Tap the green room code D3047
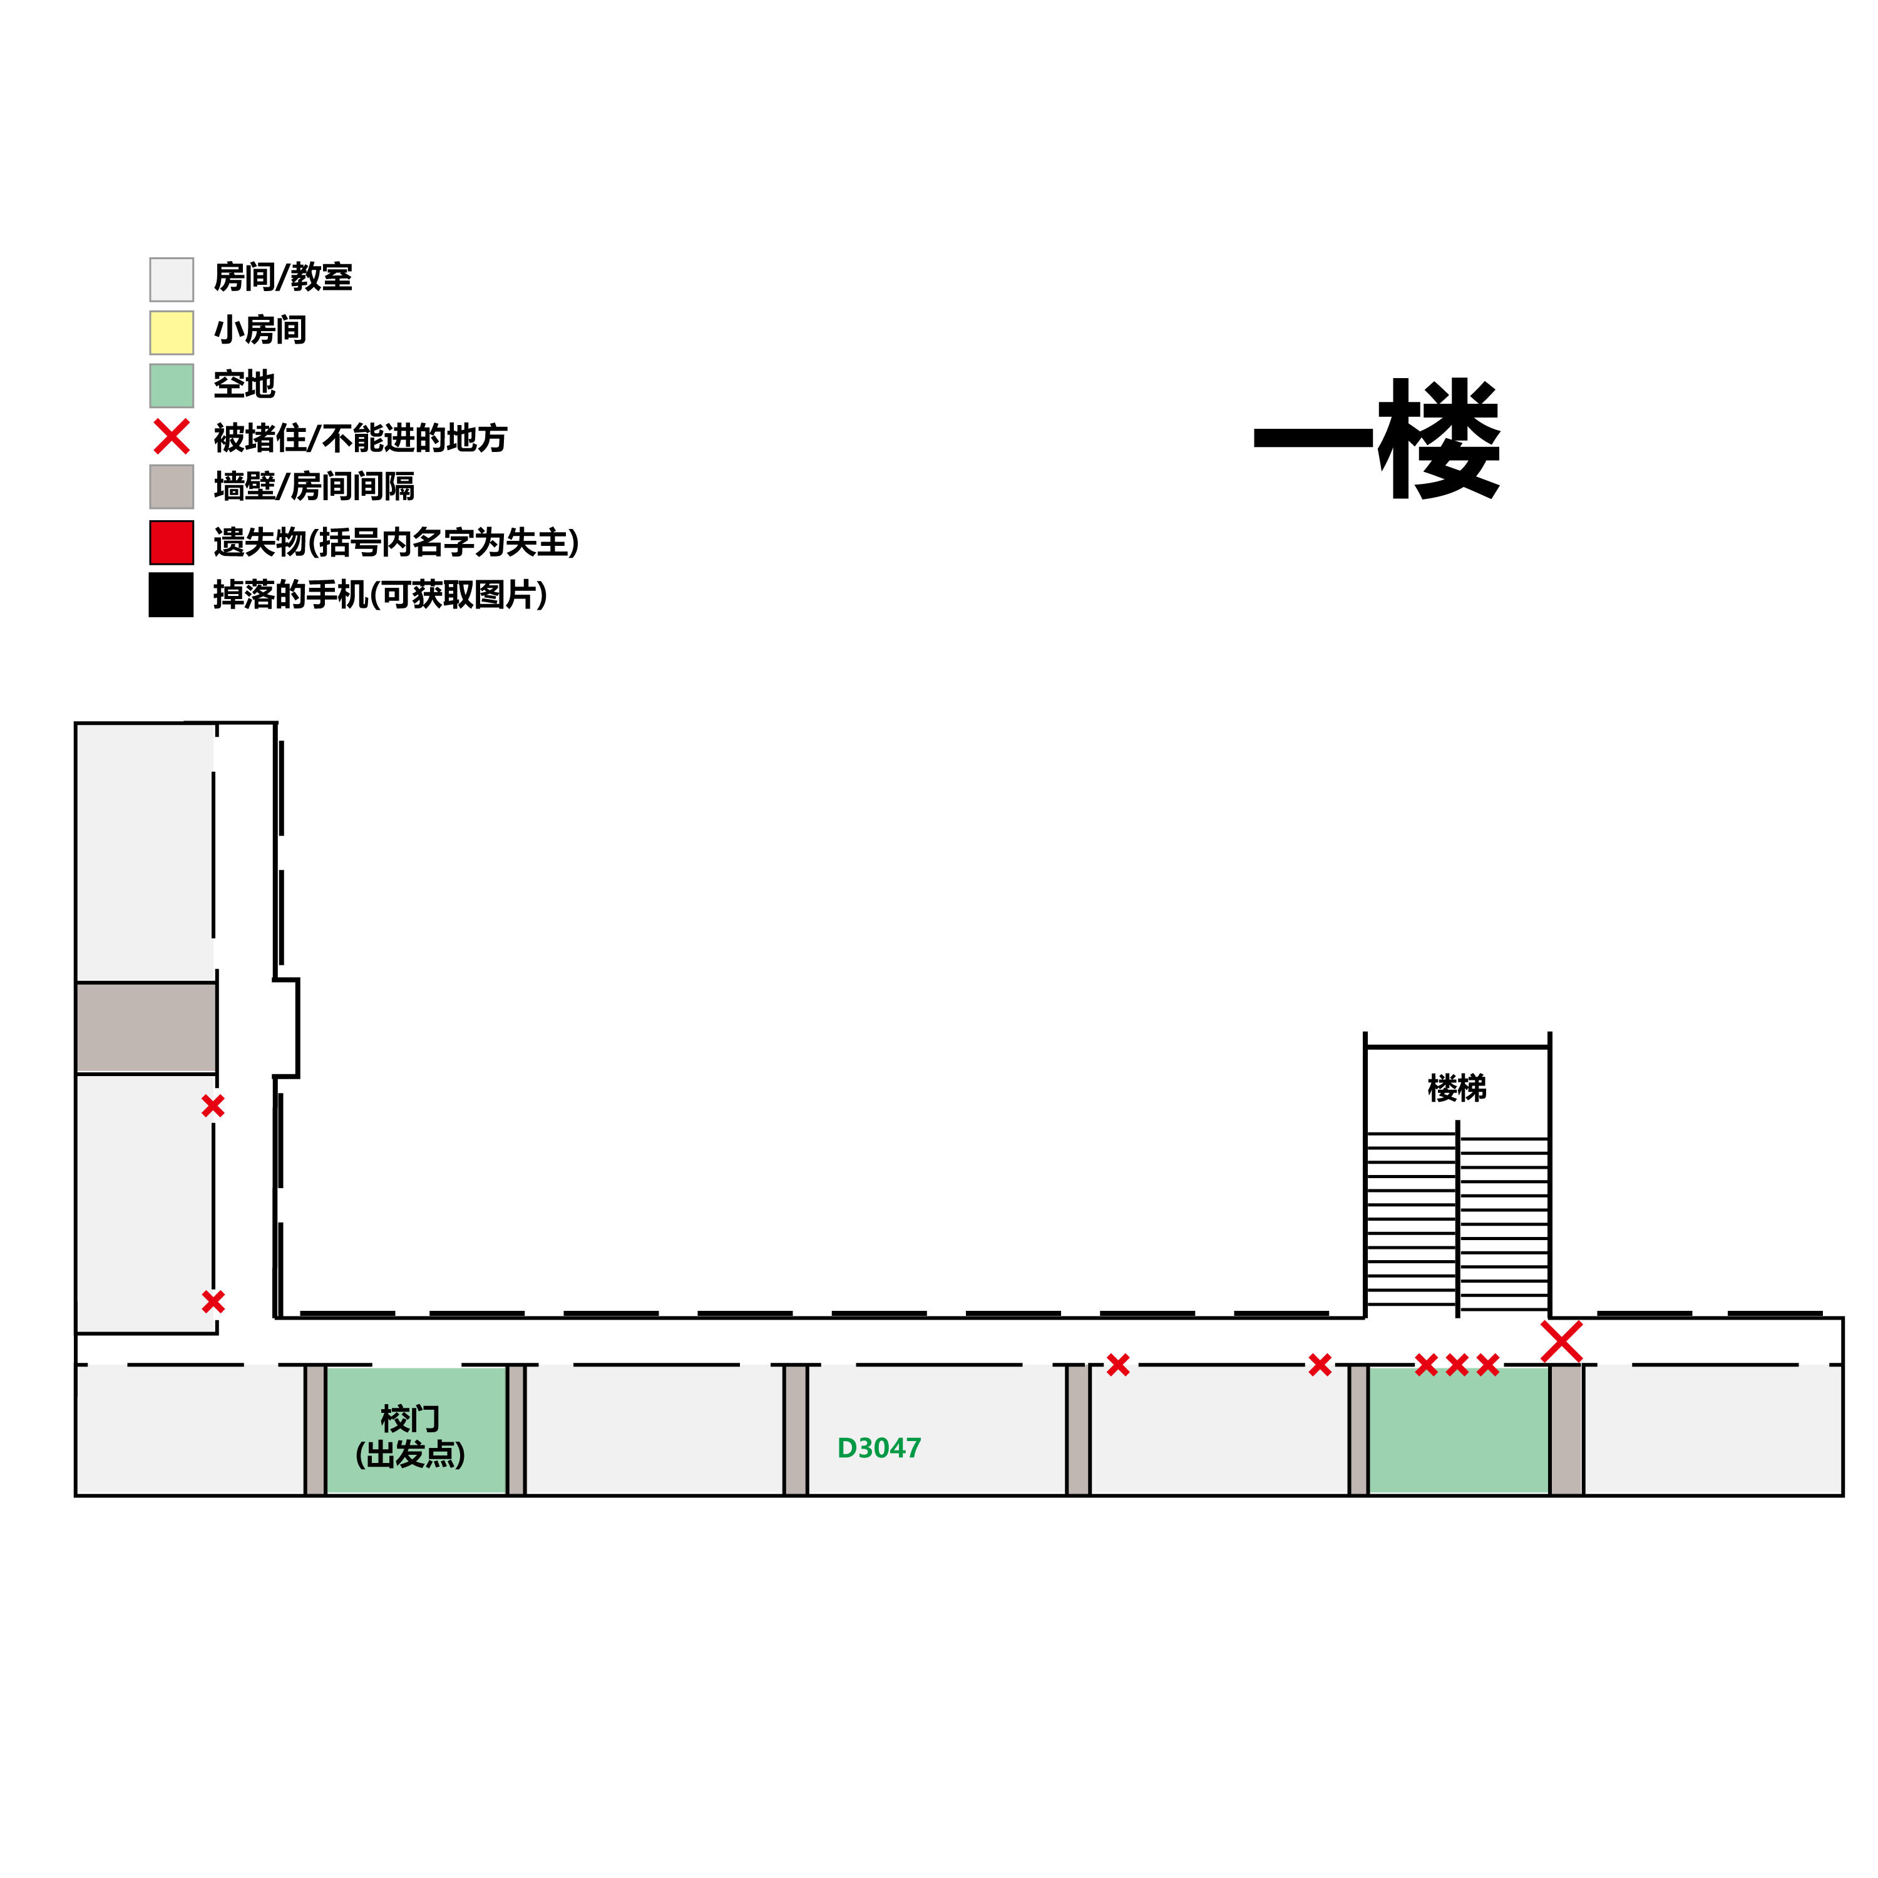pos(879,1449)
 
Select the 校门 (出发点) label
pos(410,1435)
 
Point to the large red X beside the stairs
pos(1561,1342)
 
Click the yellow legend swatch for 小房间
pos(171,332)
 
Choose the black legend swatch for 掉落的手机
pos(171,595)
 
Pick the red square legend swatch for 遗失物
pos(171,542)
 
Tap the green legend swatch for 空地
pos(171,386)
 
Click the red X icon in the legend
pos(171,438)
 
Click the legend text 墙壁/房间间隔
pos(314,486)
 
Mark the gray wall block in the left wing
pos(146,1027)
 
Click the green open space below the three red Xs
pos(1458,1430)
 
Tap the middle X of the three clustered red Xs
pos(1456,1365)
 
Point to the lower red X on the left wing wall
pos(213,1301)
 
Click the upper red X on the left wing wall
pos(213,1106)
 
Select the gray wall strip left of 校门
pos(315,1430)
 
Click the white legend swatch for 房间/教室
pos(171,280)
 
